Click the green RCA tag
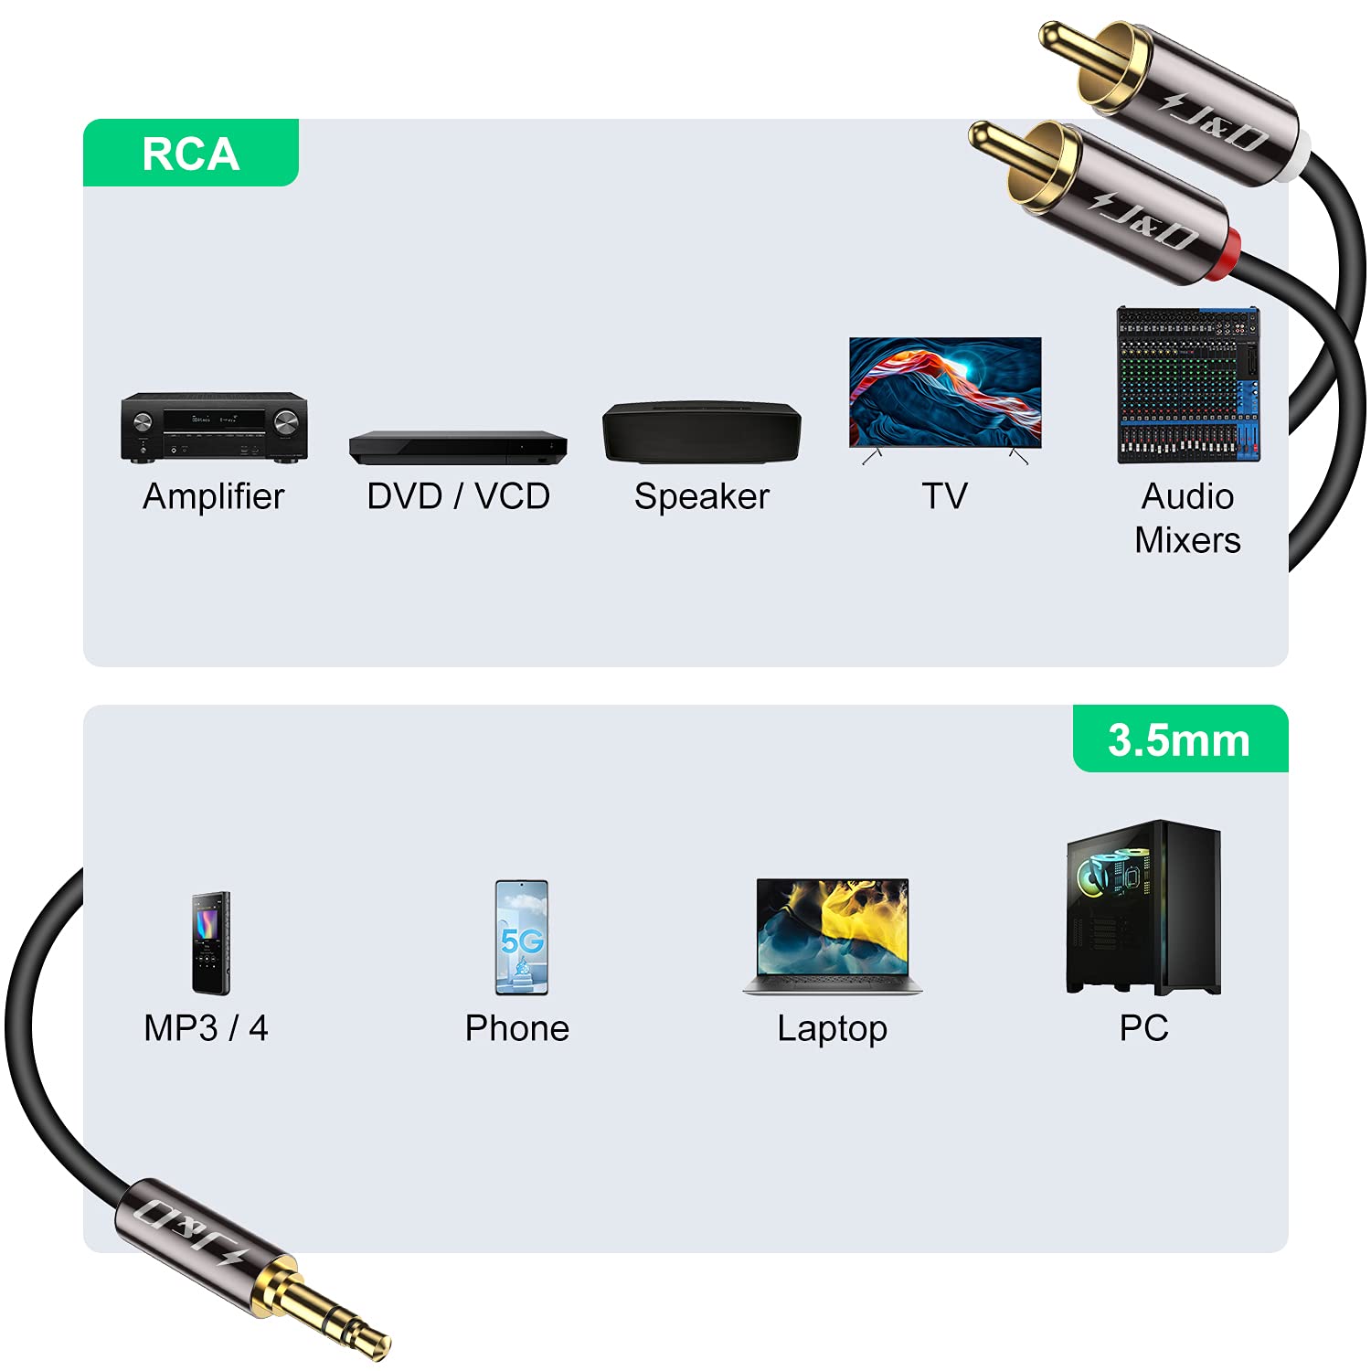[x=190, y=153]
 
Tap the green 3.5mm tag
[x=1179, y=739]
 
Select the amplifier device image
[x=214, y=427]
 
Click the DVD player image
[x=458, y=447]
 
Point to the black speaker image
[x=701, y=432]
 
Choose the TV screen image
[x=945, y=393]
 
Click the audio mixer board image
[x=1188, y=385]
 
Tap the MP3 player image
[x=210, y=942]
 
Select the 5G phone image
[x=521, y=937]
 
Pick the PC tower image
[x=1143, y=907]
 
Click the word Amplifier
[x=214, y=496]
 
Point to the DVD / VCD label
[x=458, y=496]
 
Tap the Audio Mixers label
[x=1187, y=518]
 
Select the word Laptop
[x=832, y=1029]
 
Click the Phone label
[x=517, y=1028]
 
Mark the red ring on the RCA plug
[x=1230, y=245]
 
